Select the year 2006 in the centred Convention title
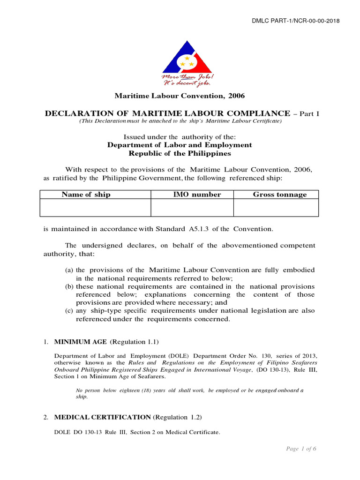click(x=237, y=96)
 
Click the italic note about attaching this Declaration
click(x=180, y=121)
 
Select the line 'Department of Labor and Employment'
click(x=180, y=145)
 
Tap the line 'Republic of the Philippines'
click(x=180, y=153)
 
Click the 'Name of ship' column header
click(x=87, y=195)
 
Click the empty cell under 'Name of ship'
click(x=95, y=208)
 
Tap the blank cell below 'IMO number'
click(x=192, y=208)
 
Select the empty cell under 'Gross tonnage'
click(x=276, y=208)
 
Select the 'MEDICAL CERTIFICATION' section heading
click(x=103, y=417)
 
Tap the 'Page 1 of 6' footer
click(x=301, y=449)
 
